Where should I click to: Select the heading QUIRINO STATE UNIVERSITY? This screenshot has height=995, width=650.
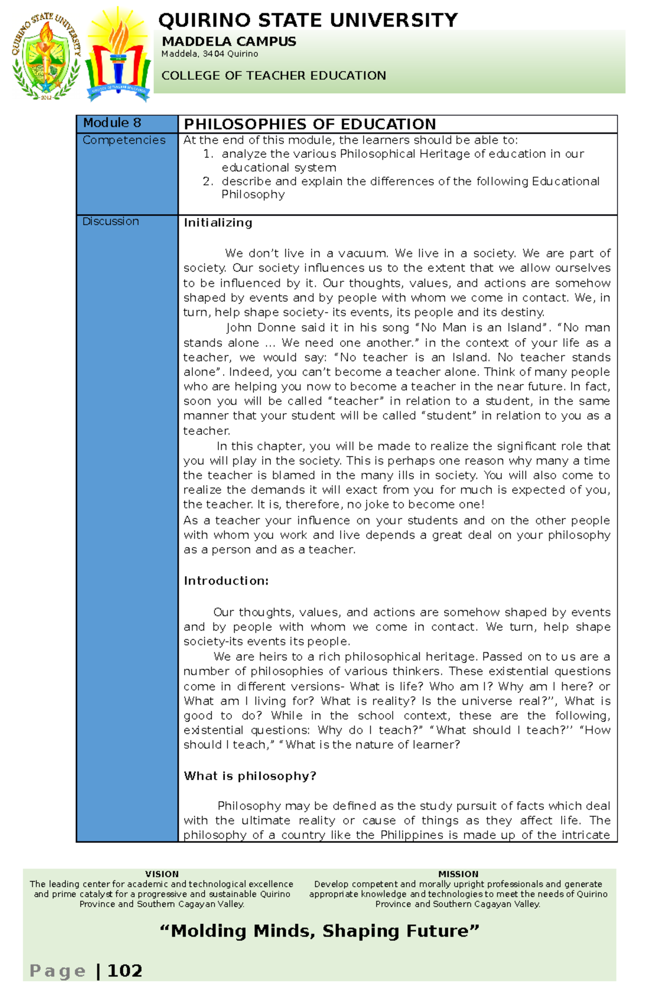point(308,21)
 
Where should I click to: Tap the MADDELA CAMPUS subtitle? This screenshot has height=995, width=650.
point(229,41)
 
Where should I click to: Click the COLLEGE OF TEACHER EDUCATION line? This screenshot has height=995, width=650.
point(274,75)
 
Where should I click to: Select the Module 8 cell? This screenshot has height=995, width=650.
point(112,123)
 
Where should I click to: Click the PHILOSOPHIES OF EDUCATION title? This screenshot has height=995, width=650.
point(310,124)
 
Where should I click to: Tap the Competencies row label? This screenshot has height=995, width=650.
point(124,140)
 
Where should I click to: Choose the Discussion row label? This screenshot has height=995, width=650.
point(110,221)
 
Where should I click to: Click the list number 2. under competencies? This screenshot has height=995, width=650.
point(208,181)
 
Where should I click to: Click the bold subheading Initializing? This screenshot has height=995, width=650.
point(218,222)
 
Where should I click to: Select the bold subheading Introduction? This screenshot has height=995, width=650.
point(226,581)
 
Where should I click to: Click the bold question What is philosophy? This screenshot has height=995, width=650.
point(250,776)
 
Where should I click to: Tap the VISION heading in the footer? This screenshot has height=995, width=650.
point(161,874)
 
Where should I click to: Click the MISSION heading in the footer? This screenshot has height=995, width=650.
point(458,874)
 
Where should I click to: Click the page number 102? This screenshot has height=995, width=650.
point(125,971)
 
